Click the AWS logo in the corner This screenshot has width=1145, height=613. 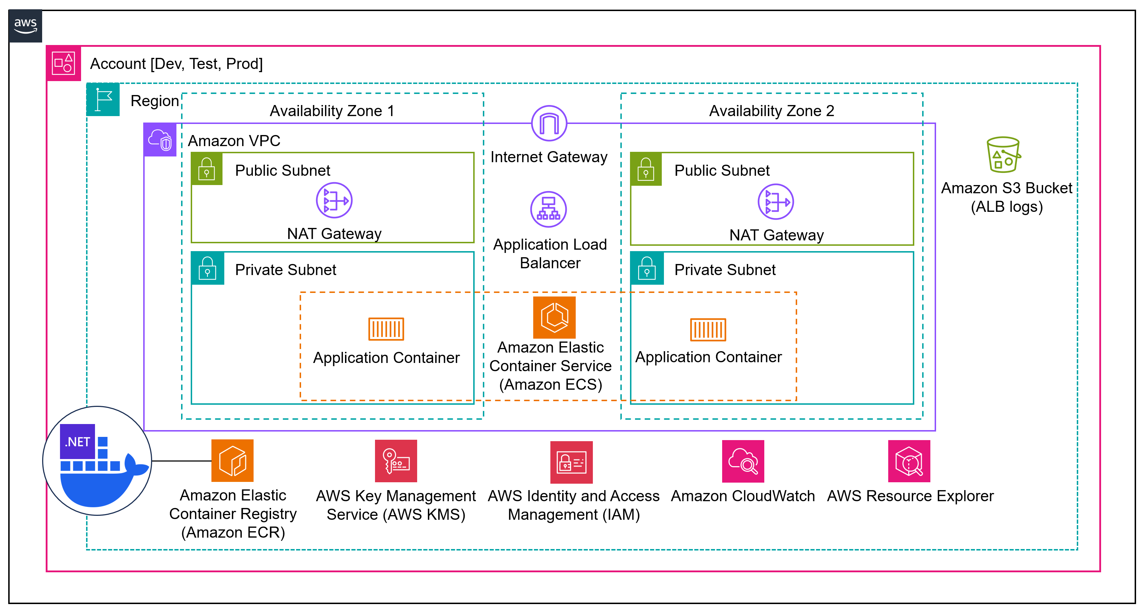click(25, 26)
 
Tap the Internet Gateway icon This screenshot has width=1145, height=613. click(549, 123)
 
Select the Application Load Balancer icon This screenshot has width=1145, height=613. click(548, 209)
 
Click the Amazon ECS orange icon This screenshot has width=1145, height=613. click(554, 317)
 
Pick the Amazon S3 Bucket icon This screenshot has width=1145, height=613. click(1003, 154)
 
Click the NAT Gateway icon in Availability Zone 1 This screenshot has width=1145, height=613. click(334, 200)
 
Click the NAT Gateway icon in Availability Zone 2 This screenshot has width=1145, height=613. click(776, 202)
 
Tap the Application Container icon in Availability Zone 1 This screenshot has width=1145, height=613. click(386, 329)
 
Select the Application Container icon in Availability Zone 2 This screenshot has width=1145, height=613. click(707, 329)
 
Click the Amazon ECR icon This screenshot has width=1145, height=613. click(232, 460)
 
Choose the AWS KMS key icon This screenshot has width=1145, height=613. click(396, 461)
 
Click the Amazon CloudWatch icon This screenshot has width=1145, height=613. click(743, 462)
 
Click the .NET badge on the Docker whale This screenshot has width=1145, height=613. click(77, 442)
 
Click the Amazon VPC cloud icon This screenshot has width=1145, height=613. click(160, 140)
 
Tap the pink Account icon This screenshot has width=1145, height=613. click(64, 63)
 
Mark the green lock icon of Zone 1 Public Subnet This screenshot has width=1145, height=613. click(207, 169)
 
